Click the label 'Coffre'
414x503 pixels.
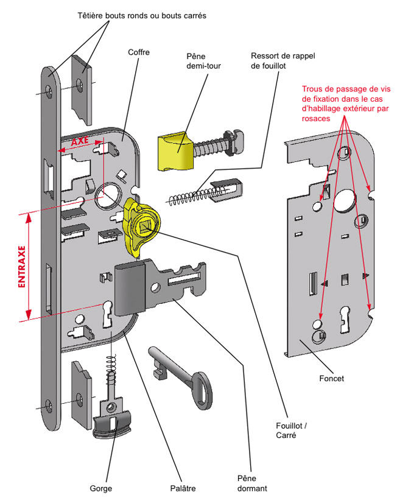139,52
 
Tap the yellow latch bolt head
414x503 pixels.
175,151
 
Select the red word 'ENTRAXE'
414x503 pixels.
21,267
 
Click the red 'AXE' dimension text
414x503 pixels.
80,141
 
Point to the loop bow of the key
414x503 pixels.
202,391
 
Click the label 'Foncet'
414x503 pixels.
331,379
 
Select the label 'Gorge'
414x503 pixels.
100,488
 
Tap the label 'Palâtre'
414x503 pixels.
183,488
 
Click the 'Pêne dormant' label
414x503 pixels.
252,484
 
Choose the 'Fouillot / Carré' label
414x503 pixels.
291,431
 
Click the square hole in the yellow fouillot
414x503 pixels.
144,227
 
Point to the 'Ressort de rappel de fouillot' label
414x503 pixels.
283,61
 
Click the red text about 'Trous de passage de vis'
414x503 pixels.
346,104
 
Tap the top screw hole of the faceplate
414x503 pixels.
49,91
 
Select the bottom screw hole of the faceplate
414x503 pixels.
49,406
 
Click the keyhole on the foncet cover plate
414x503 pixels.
345,319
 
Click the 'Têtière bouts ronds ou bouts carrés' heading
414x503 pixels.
142,15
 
